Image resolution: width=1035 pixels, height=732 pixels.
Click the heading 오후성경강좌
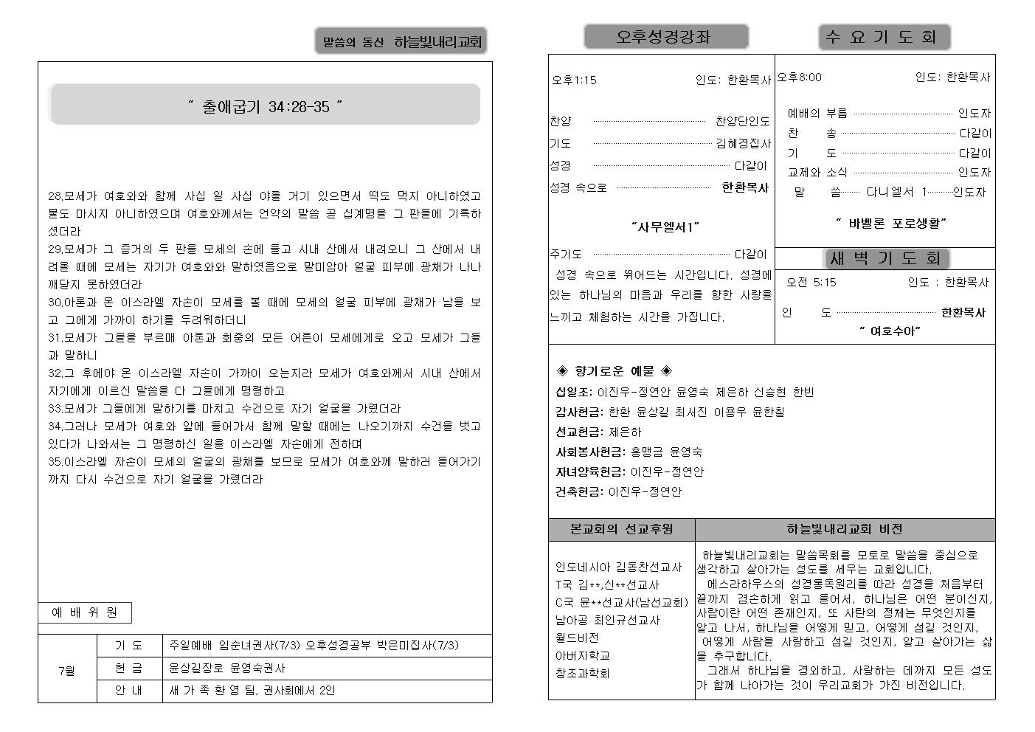665,37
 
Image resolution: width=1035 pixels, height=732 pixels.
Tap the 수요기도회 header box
884,37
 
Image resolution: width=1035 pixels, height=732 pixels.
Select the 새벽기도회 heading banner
885,258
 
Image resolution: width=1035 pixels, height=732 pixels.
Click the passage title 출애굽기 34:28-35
265,106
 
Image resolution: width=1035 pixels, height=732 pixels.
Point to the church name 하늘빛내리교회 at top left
437,42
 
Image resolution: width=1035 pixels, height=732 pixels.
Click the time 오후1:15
574,80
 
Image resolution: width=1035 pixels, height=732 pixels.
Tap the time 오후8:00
799,77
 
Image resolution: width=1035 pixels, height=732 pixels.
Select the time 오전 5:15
811,282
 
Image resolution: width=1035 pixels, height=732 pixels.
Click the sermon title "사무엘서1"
665,227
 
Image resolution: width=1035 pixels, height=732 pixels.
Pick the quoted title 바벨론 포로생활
890,222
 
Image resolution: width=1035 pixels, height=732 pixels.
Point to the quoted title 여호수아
890,331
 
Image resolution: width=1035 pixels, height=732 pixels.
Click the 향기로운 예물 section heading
614,370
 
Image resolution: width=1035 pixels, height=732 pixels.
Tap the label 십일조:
573,392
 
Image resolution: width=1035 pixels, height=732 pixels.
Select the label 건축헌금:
579,491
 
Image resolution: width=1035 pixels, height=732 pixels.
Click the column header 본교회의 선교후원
621,529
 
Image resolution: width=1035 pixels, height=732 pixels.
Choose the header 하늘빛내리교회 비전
844,529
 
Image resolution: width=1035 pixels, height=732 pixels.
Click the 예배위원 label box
85,612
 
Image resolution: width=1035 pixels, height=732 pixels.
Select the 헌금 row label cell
129,668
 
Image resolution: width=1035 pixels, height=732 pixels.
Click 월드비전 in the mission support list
577,638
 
